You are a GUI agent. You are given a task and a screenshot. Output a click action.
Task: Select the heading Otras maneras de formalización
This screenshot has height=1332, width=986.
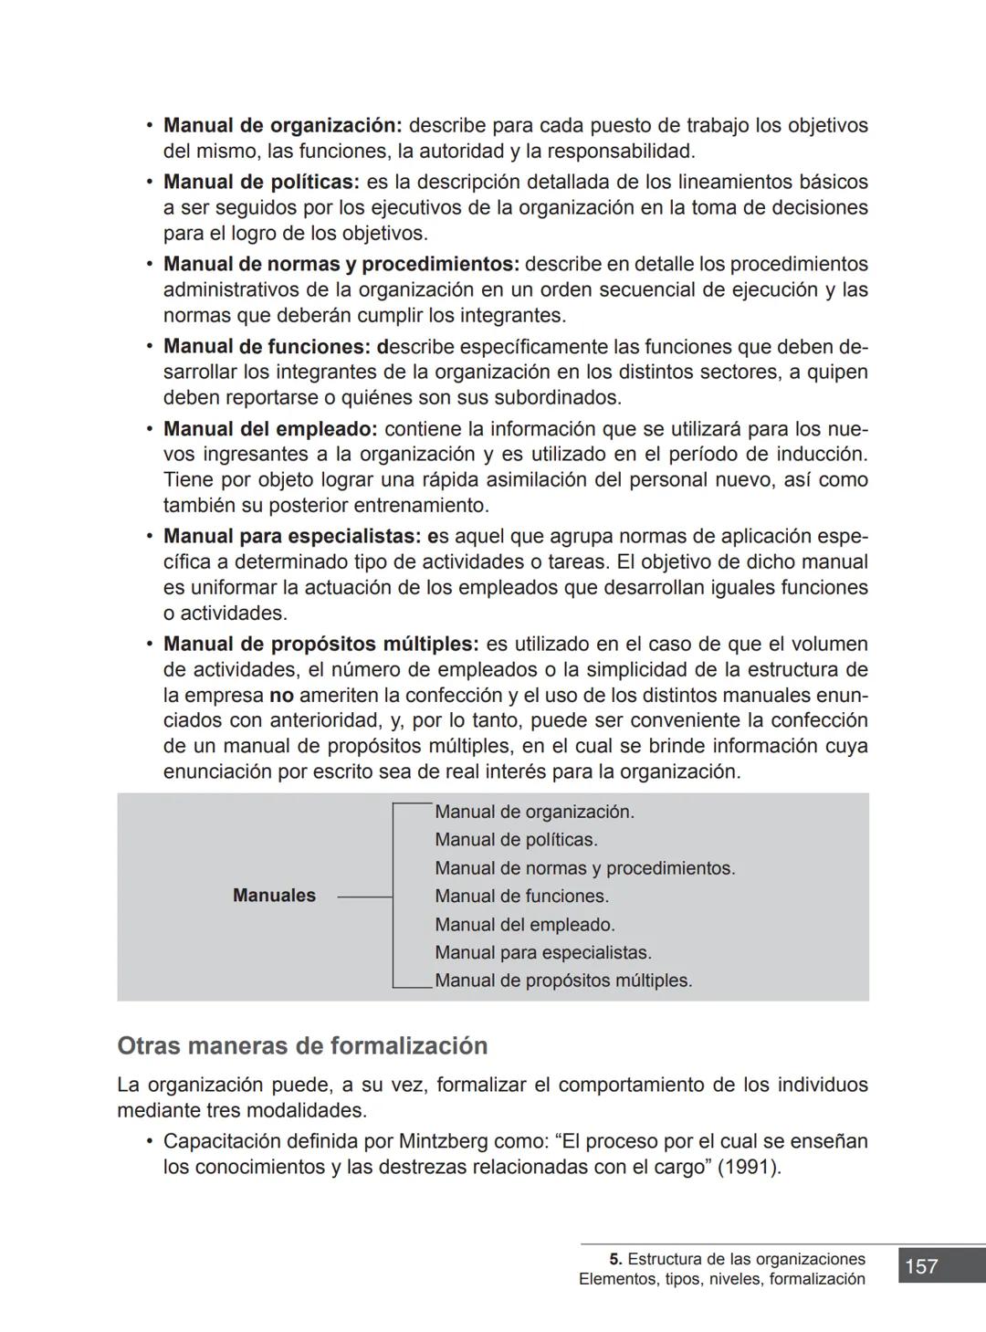point(302,1046)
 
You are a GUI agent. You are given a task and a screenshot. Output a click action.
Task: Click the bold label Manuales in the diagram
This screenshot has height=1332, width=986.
point(274,896)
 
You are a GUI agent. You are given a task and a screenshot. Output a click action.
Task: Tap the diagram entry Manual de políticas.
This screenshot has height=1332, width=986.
point(516,840)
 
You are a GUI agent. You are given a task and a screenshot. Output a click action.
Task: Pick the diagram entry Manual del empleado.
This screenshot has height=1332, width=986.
point(524,925)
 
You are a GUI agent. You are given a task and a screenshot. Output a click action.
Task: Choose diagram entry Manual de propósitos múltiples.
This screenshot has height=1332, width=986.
point(563,981)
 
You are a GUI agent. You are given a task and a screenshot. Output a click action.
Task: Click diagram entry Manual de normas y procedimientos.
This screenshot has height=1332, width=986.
point(584,868)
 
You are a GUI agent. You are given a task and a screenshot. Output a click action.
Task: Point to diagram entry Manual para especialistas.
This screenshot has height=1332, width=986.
point(542,953)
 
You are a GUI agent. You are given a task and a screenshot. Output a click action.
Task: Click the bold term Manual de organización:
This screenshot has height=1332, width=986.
point(282,126)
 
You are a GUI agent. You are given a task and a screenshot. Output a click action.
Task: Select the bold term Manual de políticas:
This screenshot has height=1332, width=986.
point(261,183)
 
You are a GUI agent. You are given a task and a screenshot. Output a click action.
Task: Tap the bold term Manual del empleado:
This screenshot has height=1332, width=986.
point(270,429)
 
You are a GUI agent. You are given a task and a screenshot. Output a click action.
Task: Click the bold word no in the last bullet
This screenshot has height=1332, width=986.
point(281,696)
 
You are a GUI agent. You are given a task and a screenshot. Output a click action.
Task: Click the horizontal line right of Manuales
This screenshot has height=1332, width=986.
point(364,897)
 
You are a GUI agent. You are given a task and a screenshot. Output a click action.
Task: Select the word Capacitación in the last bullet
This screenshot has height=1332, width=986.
point(220,1142)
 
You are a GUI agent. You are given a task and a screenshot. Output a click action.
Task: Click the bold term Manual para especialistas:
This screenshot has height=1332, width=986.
point(292,537)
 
